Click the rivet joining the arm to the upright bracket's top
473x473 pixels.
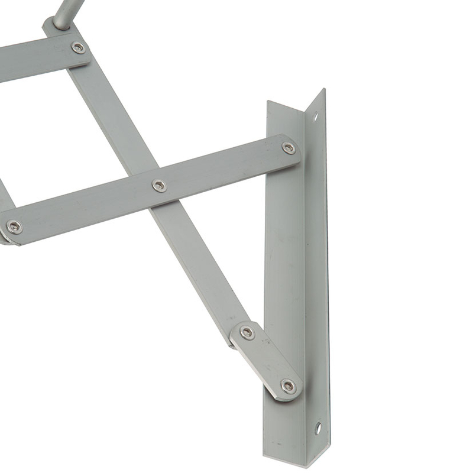289,148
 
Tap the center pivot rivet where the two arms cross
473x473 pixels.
159,186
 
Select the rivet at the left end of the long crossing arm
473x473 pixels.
14,226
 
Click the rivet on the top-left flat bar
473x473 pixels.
78,47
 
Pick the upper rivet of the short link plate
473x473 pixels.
247,332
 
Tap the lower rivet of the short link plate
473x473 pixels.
288,386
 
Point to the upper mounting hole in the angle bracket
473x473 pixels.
315,116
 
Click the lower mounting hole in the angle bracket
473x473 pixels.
318,426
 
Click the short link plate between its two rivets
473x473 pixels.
267,359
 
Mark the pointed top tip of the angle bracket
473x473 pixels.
323,91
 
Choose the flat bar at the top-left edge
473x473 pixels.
35,59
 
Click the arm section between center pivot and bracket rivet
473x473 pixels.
225,167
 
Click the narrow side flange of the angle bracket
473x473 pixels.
318,266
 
